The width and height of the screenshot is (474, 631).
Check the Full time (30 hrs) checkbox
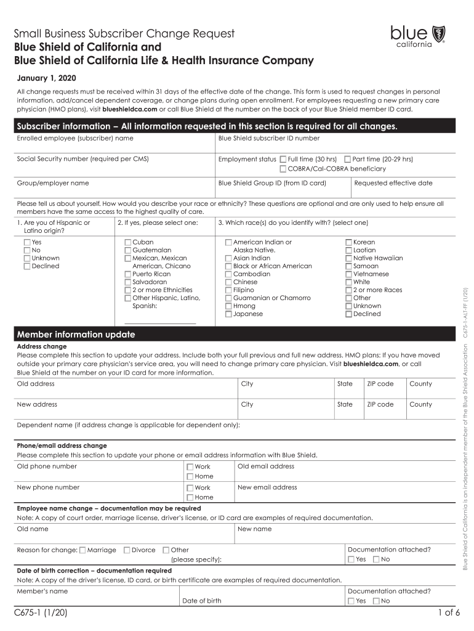tap(283, 159)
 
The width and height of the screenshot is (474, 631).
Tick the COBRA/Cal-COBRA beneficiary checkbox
tap(283, 168)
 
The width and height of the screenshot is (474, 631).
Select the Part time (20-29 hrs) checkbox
tap(348, 159)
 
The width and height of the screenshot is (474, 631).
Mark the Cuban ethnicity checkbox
tap(128, 243)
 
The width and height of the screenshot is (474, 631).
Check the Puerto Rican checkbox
tap(128, 274)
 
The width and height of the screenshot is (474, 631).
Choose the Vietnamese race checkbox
tap(349, 274)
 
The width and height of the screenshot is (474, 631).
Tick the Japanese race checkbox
tap(228, 314)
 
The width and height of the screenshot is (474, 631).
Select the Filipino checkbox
tap(228, 290)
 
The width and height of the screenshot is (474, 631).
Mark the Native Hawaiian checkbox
tap(349, 259)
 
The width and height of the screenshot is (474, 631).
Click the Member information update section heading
tap(76, 335)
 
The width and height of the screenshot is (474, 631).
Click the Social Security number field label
tap(82, 159)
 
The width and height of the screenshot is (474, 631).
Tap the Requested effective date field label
tap(393, 183)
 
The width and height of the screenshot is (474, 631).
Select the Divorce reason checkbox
tap(127, 550)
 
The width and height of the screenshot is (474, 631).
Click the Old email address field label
tap(266, 466)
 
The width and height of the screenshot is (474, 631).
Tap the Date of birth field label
tap(201, 601)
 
